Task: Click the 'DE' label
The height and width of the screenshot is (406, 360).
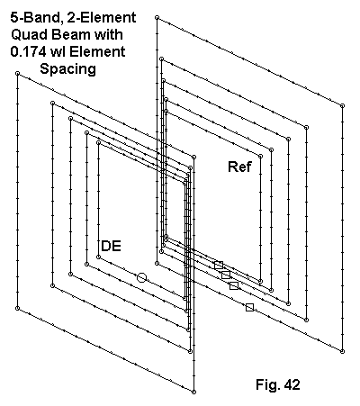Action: (x=112, y=246)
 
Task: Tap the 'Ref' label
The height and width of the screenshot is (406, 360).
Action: (x=240, y=167)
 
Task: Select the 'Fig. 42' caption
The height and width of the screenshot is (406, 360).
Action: (x=278, y=384)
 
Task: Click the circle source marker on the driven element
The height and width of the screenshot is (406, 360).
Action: (x=141, y=277)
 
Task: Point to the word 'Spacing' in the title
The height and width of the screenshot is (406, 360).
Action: (x=68, y=69)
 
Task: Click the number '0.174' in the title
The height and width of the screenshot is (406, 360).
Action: (x=28, y=51)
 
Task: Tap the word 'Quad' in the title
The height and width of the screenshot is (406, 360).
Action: (x=30, y=34)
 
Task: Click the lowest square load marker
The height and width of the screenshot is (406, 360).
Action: (x=249, y=307)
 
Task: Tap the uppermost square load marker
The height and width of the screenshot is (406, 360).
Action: (x=219, y=265)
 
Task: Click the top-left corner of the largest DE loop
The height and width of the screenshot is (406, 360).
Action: (x=17, y=73)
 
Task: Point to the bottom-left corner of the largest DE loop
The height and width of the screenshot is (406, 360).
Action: (x=17, y=308)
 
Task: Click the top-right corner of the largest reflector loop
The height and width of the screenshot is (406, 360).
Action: (x=342, y=105)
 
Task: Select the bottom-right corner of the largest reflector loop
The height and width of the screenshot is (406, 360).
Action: (x=342, y=351)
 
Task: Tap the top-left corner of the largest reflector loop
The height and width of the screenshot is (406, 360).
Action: (x=157, y=18)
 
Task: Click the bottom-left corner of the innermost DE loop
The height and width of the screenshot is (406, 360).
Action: (x=98, y=257)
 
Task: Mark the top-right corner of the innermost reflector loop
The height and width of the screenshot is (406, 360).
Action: (x=260, y=157)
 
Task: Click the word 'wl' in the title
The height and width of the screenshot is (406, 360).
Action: (x=57, y=51)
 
